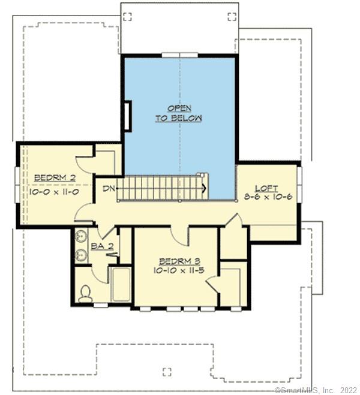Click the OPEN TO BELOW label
[179, 113]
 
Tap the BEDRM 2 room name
[54, 178]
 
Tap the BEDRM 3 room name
[176, 261]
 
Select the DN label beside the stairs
[109, 189]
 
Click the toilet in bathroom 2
[85, 293]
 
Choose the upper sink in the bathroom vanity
[82, 238]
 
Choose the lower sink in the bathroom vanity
[82, 257]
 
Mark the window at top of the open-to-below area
[179, 55]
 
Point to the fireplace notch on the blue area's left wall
[128, 116]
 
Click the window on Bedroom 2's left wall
[17, 184]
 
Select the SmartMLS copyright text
[316, 390]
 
